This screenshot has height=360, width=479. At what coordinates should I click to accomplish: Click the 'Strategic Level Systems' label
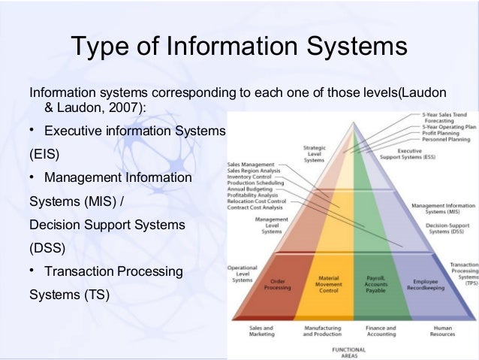click(x=314, y=154)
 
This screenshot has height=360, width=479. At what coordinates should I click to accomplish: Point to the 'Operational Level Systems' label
click(x=243, y=274)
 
